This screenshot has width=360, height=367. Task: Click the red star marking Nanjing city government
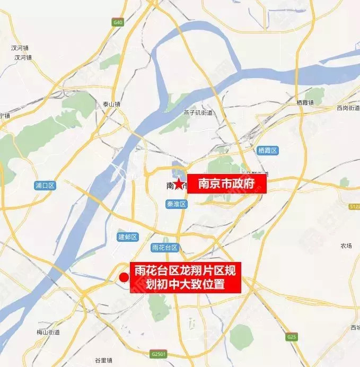click(x=180, y=185)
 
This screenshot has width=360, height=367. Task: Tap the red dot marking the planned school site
click(x=124, y=277)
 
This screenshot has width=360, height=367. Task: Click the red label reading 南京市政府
click(x=226, y=184)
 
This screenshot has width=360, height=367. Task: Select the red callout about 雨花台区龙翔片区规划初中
click(x=186, y=277)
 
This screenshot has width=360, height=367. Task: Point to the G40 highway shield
click(x=117, y=22)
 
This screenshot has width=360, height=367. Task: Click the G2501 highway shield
click(x=158, y=353)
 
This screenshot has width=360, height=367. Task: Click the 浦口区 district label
click(x=45, y=186)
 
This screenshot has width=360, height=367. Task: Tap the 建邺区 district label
click(x=128, y=237)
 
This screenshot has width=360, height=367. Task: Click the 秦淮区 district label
click(x=176, y=204)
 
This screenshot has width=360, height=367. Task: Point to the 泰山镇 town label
click(x=112, y=104)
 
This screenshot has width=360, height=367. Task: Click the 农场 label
click(x=346, y=246)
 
